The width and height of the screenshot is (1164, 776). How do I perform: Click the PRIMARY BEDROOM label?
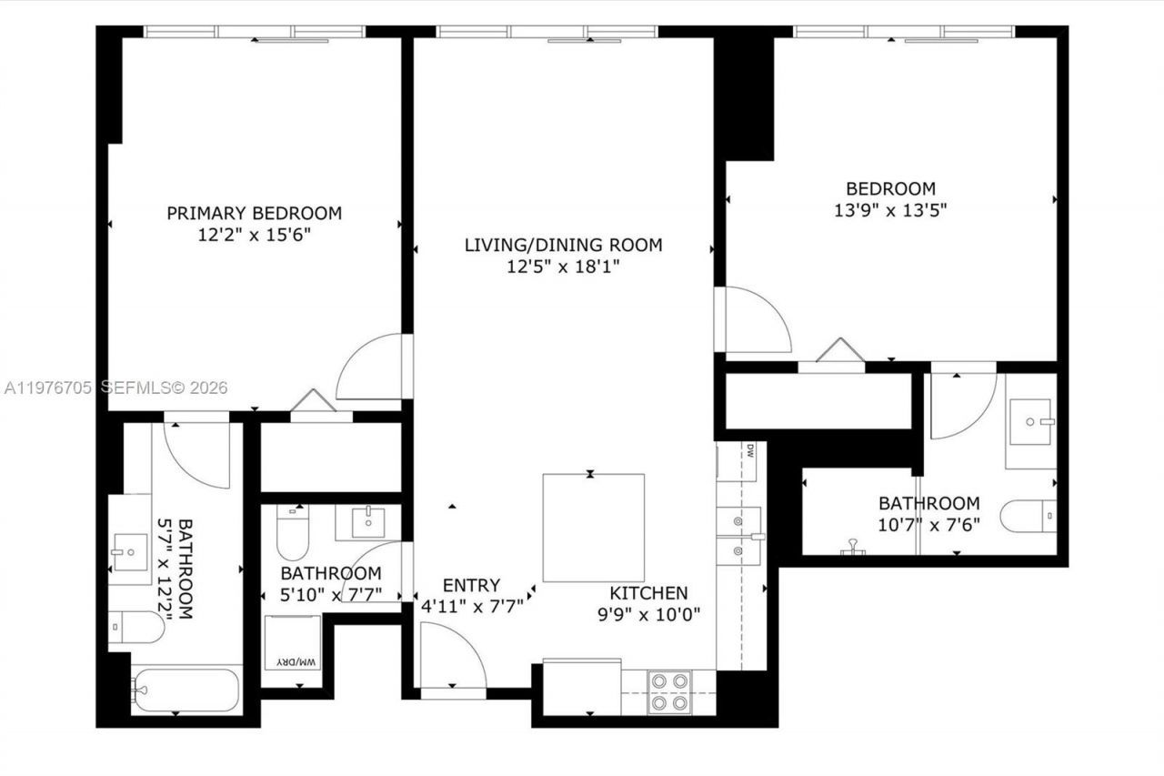click(x=254, y=213)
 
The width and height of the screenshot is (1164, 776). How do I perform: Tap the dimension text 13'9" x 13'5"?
click(x=890, y=210)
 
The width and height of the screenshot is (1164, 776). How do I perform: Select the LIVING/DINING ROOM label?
click(x=563, y=245)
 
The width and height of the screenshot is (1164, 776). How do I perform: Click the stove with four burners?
click(x=669, y=691)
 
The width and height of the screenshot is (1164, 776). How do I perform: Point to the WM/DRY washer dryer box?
click(x=292, y=651)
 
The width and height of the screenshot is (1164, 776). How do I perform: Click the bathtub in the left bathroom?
click(x=186, y=690)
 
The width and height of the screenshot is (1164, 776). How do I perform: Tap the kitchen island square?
click(x=593, y=528)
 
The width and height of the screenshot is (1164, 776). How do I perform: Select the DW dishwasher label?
click(x=749, y=449)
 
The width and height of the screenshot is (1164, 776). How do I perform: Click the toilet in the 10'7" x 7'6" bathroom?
click(x=1028, y=516)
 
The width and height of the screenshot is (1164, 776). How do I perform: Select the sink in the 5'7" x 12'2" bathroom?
click(x=129, y=551)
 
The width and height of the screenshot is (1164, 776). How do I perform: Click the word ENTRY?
click(x=471, y=585)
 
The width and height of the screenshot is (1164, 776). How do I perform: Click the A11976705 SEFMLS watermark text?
click(x=115, y=388)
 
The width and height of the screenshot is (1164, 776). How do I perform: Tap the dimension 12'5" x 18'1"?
click(x=563, y=267)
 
